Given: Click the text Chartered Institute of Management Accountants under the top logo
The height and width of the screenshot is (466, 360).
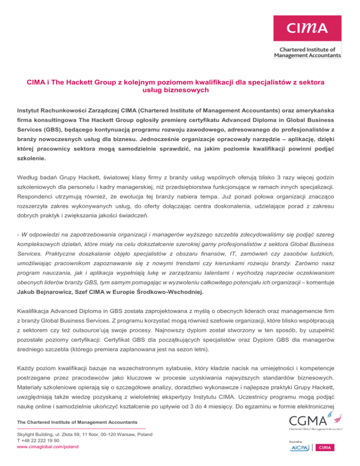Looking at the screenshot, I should coord(307,52).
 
